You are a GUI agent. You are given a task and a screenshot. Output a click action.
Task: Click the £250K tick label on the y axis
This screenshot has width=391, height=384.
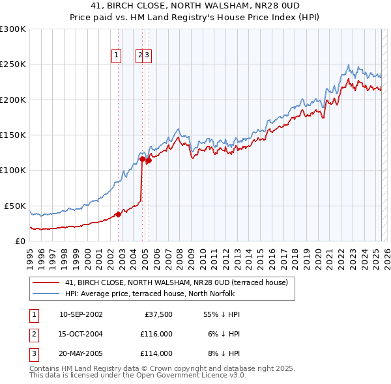(13, 64)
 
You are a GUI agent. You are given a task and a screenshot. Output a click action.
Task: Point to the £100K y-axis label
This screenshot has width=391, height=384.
(13, 170)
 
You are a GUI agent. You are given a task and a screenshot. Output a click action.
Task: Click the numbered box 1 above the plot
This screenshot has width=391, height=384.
(116, 56)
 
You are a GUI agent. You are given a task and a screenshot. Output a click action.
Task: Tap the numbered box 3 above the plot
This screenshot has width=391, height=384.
(147, 56)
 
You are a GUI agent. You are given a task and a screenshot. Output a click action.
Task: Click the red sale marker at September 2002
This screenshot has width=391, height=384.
(118, 214)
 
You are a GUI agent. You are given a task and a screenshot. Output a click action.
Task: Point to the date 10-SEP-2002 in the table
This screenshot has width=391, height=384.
(81, 314)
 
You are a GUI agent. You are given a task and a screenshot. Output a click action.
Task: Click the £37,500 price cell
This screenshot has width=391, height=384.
(158, 314)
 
